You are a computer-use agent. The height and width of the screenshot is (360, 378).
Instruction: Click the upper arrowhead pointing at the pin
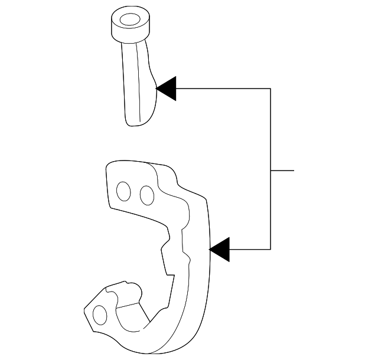point(167,89)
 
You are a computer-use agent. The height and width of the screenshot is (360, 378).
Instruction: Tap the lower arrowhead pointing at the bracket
point(220,249)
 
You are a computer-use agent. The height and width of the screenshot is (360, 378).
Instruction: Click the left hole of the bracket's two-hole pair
point(123,192)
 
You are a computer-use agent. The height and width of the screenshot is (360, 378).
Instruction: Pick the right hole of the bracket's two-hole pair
point(146,194)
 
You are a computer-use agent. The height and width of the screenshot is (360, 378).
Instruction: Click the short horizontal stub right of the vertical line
point(282,171)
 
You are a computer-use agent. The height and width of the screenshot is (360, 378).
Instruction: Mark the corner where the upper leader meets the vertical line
point(271,89)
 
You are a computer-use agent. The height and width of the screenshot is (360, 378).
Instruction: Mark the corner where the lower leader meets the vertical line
point(271,249)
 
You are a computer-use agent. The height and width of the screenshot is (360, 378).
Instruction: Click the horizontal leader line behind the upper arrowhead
point(224,89)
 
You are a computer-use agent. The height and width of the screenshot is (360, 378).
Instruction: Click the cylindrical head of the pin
point(128,27)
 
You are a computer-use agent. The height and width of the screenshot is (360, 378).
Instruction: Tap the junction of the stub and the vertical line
point(271,171)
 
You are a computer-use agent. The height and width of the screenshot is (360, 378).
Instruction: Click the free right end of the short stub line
point(294,171)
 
